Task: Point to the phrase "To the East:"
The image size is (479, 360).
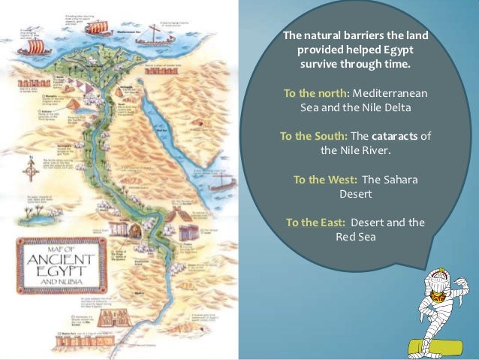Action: click(x=316, y=222)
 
